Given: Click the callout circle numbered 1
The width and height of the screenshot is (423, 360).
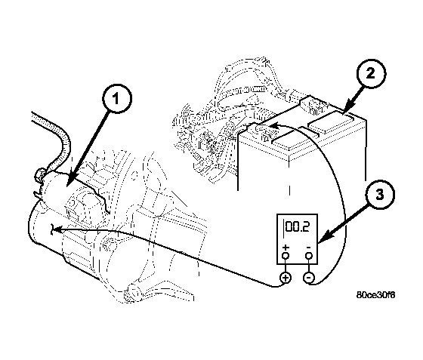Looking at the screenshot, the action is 117,98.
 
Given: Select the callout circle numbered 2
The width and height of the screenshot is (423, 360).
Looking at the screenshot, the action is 371,73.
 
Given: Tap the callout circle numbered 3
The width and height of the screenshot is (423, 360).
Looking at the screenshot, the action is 379,194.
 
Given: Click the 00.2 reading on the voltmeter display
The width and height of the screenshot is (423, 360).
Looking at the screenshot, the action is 298,227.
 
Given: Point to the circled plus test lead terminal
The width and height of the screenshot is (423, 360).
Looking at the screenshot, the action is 286,278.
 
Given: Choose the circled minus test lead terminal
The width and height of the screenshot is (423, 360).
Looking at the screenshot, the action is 309,278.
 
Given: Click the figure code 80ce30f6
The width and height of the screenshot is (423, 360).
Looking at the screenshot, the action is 376,295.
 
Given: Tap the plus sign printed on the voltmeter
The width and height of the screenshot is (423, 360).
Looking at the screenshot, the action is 286,248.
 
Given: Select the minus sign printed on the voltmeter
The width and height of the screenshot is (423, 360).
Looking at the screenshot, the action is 309,248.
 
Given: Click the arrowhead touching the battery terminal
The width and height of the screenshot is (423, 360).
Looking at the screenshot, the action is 273,125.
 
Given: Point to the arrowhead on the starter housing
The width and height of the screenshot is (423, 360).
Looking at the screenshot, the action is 56,229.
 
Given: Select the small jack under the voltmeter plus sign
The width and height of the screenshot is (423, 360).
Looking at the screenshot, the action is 286,255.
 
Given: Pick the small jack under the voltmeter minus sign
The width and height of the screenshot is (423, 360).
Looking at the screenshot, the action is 309,255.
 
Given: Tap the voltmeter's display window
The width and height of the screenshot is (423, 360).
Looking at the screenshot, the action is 297,228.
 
